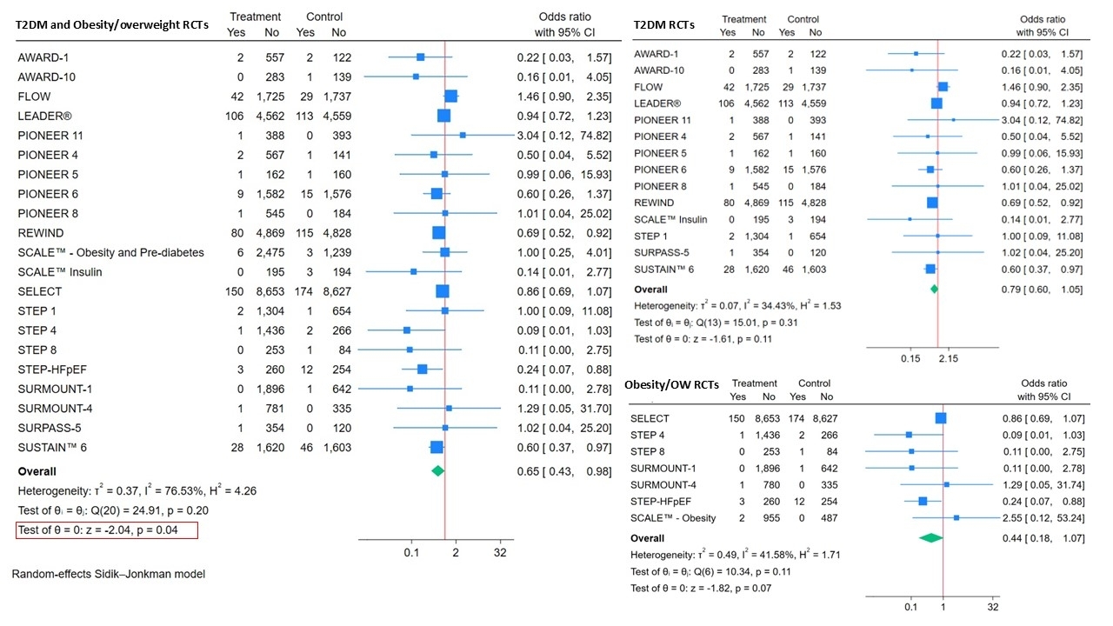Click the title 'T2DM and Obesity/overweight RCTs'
click(113, 24)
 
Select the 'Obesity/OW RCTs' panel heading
click(672, 386)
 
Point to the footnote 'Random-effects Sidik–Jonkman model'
click(108, 574)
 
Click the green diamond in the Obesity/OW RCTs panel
click(931, 538)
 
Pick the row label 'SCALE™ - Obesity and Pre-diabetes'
click(110, 252)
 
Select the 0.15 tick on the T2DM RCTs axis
click(910, 357)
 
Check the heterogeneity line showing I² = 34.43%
click(737, 306)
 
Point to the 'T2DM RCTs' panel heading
click(665, 24)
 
